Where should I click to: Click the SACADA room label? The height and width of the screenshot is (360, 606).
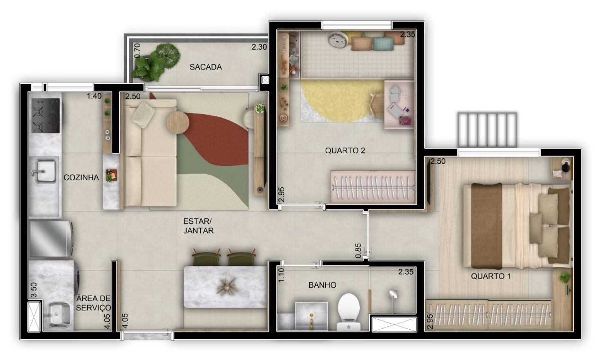click(205, 67)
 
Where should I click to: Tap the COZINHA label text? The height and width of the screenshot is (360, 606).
click(81, 177)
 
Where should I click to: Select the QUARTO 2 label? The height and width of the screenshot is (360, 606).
click(345, 150)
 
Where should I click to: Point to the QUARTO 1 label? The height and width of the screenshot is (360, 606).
click(491, 276)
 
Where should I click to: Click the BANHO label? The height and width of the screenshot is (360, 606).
click(322, 285)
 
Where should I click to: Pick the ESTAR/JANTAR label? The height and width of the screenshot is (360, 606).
click(198, 226)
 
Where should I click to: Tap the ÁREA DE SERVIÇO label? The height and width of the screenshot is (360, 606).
click(93, 303)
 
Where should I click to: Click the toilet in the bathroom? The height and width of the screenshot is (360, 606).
click(349, 312)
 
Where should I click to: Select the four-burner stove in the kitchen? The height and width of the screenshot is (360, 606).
click(45, 115)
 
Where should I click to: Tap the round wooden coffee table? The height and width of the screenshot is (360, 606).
click(178, 123)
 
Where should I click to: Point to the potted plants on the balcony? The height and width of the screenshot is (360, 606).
click(156, 62)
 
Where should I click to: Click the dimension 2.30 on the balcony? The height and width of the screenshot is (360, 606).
click(259, 47)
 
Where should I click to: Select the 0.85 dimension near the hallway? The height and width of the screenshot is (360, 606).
click(358, 251)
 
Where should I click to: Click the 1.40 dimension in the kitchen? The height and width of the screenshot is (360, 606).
click(94, 96)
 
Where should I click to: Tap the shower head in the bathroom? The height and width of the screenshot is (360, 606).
click(392, 295)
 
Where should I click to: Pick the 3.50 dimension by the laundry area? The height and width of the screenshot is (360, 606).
click(34, 290)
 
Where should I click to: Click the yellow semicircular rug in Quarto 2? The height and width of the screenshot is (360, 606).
click(341, 101)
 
